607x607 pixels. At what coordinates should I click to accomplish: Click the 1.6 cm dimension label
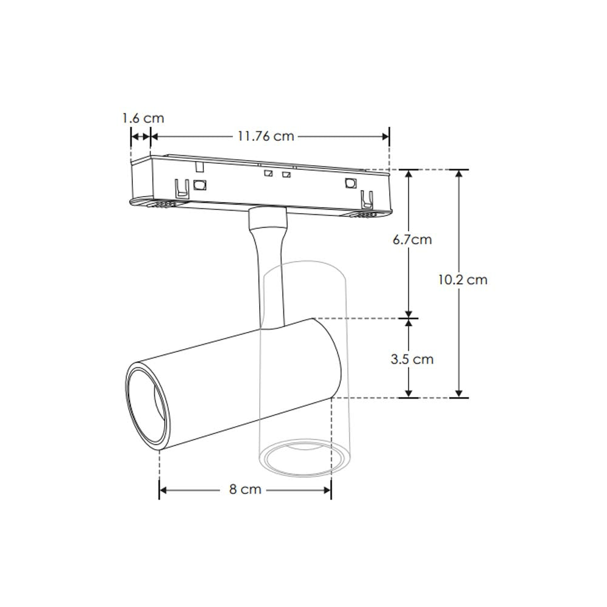point(143,118)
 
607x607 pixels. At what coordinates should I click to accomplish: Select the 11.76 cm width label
point(265,137)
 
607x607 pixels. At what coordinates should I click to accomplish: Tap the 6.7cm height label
point(412,240)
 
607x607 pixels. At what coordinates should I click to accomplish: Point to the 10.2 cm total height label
point(463,280)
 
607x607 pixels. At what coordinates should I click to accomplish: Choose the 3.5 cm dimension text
point(412,359)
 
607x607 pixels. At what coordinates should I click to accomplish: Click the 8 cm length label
point(245,489)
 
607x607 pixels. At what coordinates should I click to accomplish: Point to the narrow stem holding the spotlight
point(271,273)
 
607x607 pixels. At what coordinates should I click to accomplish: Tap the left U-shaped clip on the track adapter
point(180,189)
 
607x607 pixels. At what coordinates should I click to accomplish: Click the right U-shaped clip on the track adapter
point(365,199)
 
